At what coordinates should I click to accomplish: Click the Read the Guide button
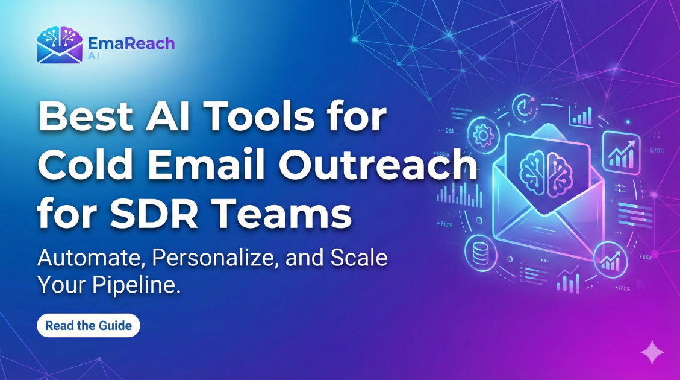coord(89,326)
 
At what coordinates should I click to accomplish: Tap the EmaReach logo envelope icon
coord(59,45)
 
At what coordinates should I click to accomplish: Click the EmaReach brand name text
coord(131,43)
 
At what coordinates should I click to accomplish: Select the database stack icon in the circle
coord(480,253)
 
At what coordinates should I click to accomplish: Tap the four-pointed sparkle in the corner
coord(652,352)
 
